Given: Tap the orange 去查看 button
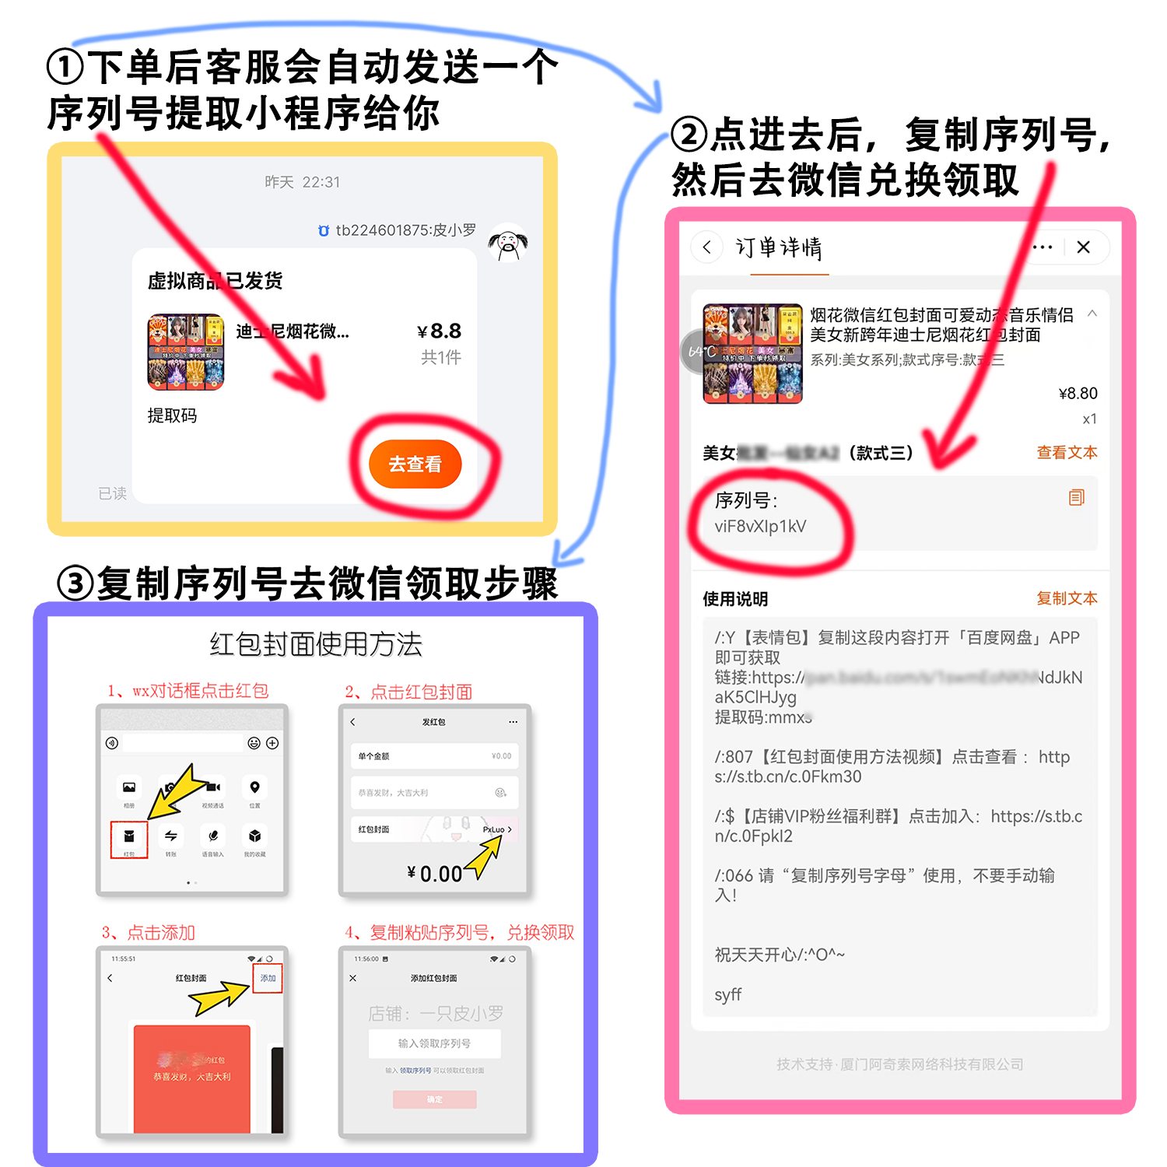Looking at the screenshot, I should (x=415, y=464).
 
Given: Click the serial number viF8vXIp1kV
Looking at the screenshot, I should (x=760, y=527).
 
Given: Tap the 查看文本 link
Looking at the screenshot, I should (x=1067, y=453).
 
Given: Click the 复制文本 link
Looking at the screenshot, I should (x=1067, y=598).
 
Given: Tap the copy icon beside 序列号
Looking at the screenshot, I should (x=1076, y=498).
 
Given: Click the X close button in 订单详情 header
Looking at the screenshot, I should (x=1083, y=247).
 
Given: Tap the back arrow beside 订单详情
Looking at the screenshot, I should (x=706, y=247).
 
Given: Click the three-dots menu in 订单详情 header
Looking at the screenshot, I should (x=1043, y=247).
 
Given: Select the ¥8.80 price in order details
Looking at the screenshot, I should (x=1078, y=394).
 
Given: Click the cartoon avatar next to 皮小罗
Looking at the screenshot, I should (x=507, y=244).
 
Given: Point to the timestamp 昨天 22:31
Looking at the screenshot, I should (x=302, y=182).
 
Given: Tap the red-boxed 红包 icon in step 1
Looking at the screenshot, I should (x=129, y=839).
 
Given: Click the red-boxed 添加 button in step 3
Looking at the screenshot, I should (x=268, y=978).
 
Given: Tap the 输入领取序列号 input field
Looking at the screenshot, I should (x=434, y=1043).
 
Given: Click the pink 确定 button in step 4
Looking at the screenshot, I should (x=434, y=1099).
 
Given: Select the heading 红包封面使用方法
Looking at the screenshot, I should (x=315, y=644).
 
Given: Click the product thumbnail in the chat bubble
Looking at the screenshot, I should (x=186, y=352).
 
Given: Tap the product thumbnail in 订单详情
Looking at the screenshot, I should (x=752, y=354).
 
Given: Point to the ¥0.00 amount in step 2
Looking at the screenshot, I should (x=435, y=874).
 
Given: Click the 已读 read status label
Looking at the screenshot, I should (x=112, y=493).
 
